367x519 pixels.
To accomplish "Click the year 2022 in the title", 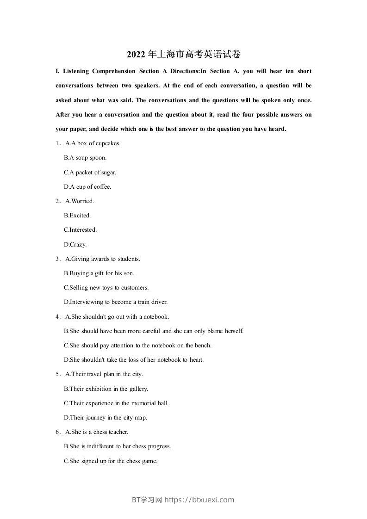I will pos(136,55).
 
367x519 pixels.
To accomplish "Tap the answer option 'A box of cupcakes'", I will pos(93,143).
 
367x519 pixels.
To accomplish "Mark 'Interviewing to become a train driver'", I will pos(116,302).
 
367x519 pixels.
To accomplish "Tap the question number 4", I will pos(57,317).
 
